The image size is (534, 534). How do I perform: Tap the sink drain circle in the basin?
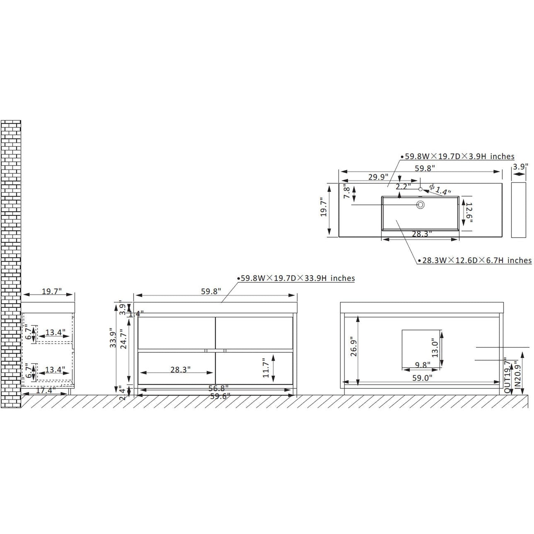[x=420, y=204]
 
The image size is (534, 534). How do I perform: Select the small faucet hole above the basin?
[x=420, y=189]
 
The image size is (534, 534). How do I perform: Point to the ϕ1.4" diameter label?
[x=440, y=190]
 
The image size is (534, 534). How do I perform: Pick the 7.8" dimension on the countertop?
[x=346, y=192]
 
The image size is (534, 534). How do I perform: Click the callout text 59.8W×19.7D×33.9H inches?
[x=297, y=278]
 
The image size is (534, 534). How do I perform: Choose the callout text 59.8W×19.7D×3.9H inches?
[x=459, y=156]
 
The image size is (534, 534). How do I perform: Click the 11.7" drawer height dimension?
[x=266, y=367]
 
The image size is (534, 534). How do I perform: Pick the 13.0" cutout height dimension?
[x=435, y=348]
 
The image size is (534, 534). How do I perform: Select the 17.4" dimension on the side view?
[x=45, y=390]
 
